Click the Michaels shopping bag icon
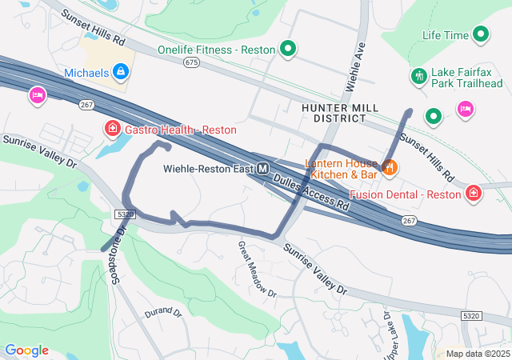[x=121, y=73]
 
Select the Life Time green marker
[x=481, y=35]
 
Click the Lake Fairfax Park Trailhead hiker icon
[x=418, y=77]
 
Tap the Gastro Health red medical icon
[x=113, y=129]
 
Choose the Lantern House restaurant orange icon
[x=390, y=167]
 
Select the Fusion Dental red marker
[x=474, y=194]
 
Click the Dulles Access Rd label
[x=311, y=193]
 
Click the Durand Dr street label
[x=165, y=313]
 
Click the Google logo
[x=26, y=350]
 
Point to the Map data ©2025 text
[x=477, y=354]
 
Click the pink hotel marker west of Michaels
[x=37, y=97]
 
